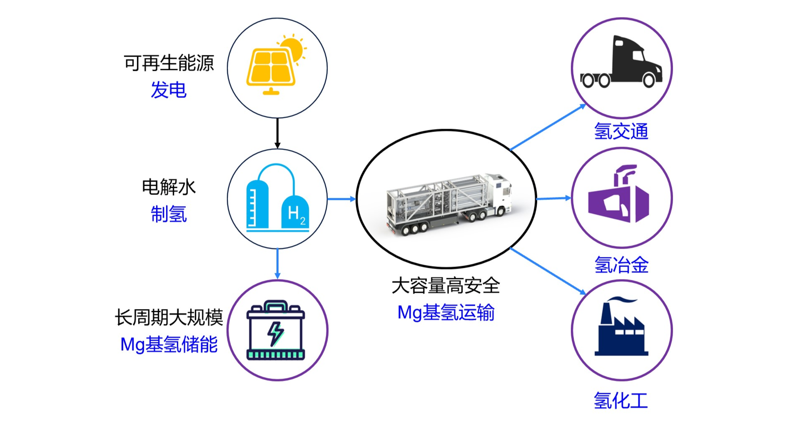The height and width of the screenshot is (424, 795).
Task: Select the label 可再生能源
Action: tap(169, 63)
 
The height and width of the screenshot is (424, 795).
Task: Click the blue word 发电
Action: tap(169, 90)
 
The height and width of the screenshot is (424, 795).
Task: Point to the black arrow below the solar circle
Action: tap(277, 133)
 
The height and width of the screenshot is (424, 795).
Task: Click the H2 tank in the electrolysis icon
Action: tap(295, 212)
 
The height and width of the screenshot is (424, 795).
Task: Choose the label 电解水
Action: tap(169, 187)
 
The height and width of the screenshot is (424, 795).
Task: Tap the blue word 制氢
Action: tap(169, 214)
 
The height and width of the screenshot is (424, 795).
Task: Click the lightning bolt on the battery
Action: tap(275, 333)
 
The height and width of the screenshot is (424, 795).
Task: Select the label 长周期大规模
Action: tap(169, 318)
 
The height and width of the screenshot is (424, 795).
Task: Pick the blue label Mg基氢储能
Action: tap(169, 345)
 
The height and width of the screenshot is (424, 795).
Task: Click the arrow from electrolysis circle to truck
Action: tap(341, 199)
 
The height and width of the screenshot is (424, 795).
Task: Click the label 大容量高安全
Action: tap(446, 286)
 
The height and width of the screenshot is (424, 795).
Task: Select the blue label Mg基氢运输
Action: tap(446, 312)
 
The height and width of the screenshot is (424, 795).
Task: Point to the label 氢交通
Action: tap(621, 131)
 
